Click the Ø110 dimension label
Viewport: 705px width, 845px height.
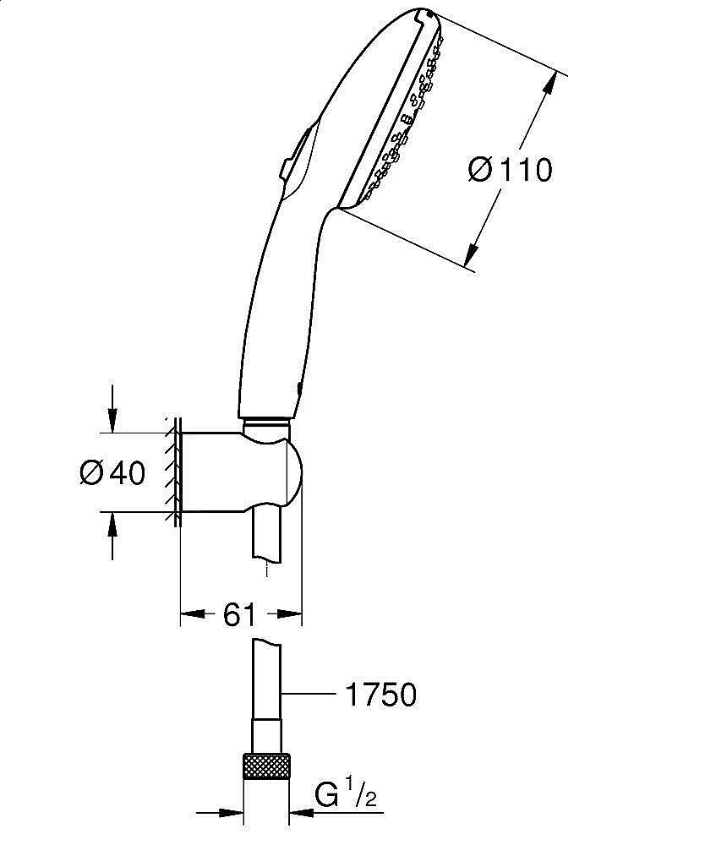[x=510, y=169]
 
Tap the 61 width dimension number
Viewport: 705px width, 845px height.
[x=240, y=615]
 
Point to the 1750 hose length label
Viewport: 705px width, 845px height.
[x=380, y=695]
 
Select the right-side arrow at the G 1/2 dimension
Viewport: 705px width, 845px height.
[x=301, y=814]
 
